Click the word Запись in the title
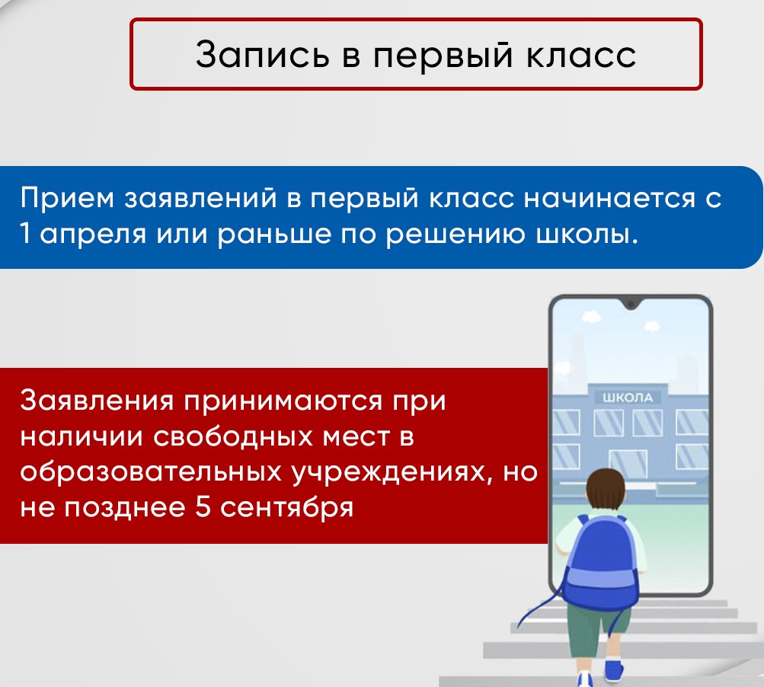[x=262, y=54]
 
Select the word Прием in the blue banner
[x=67, y=198]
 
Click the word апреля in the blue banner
[x=93, y=235]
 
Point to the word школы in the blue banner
[x=587, y=235]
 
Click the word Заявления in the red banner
[x=97, y=401]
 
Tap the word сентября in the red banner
[x=286, y=509]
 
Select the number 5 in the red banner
[x=203, y=507]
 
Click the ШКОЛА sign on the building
[x=628, y=398]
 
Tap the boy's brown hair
[x=606, y=490]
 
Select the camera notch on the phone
[x=631, y=305]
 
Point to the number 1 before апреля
[x=25, y=235]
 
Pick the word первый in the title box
[x=443, y=55]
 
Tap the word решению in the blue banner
[x=455, y=235]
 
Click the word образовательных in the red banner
[x=151, y=471]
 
